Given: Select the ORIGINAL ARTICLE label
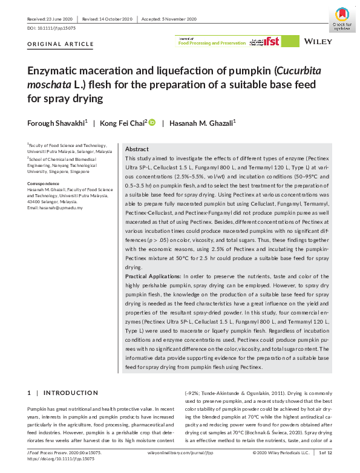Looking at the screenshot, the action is (x=61, y=44).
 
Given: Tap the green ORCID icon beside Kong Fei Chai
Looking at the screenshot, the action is (x=152, y=122).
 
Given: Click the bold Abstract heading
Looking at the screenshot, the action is (x=137, y=149).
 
